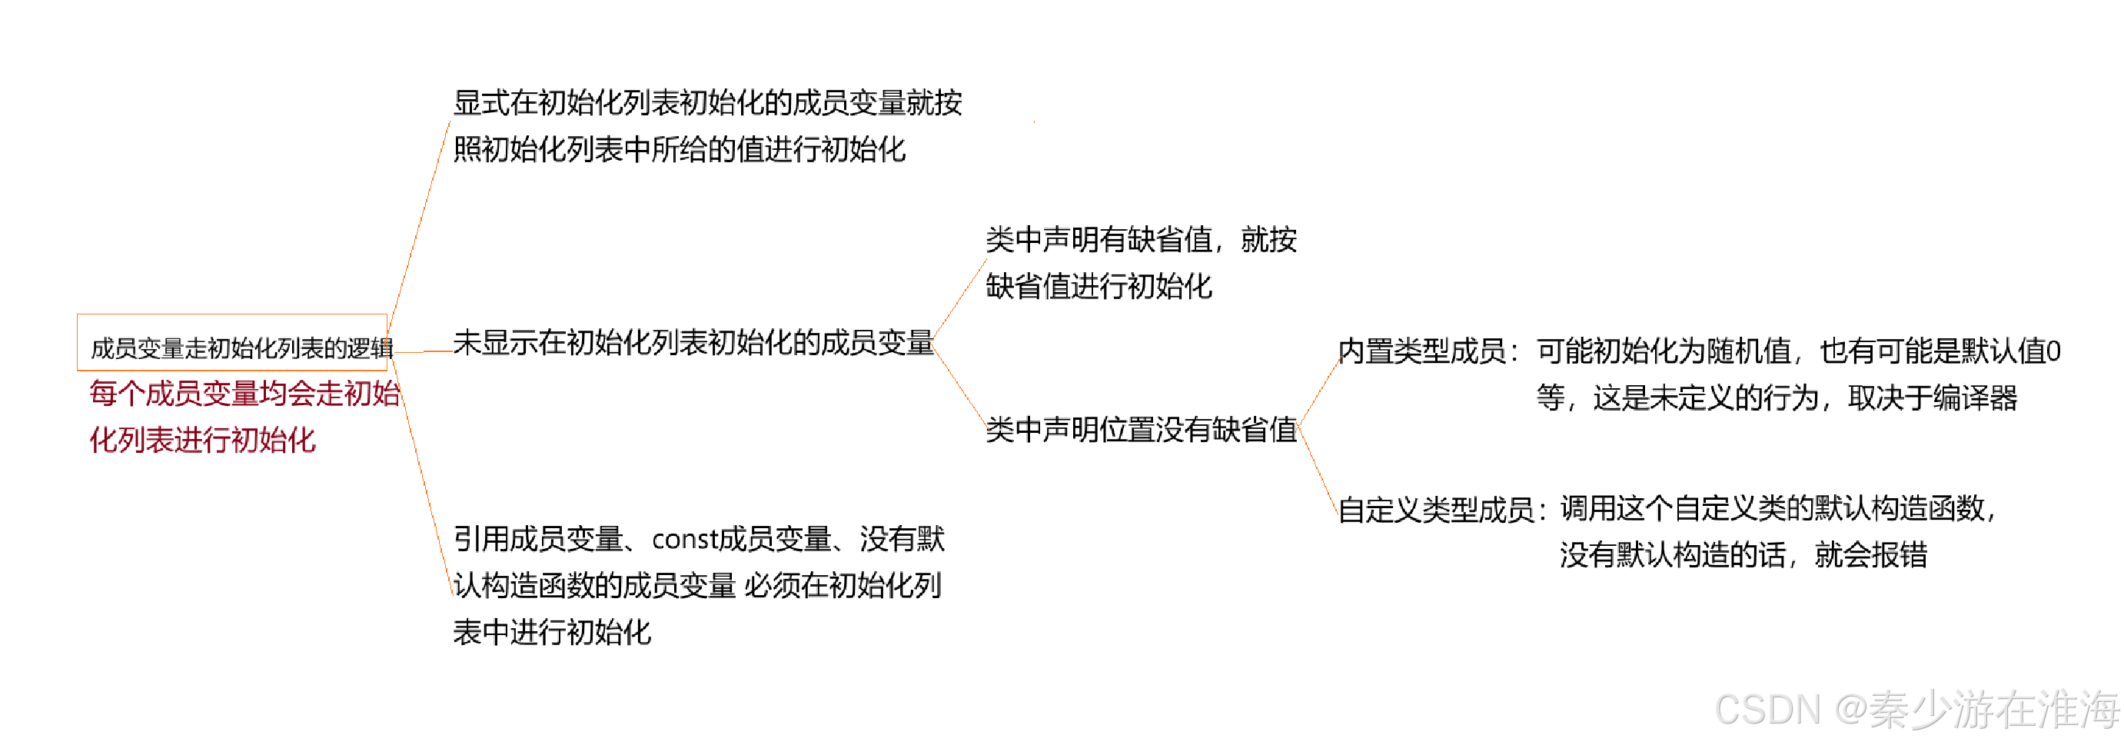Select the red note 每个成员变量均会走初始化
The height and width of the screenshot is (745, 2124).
[x=244, y=394]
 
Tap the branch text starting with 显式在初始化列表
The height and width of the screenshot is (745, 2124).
[x=706, y=103]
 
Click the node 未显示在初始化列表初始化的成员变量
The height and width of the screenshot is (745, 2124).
[x=693, y=342]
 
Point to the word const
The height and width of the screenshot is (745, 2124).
[x=683, y=540]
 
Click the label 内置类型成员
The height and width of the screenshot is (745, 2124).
[x=1422, y=351]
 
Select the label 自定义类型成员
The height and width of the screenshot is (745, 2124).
[x=1435, y=510]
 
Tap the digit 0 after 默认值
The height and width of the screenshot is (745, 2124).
[x=2053, y=351]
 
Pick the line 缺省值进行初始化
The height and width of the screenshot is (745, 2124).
[x=1099, y=286]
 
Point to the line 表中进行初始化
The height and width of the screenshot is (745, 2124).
[x=552, y=632]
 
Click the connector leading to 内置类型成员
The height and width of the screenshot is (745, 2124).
[x=1318, y=392]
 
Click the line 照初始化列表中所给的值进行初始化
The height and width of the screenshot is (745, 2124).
[x=680, y=150]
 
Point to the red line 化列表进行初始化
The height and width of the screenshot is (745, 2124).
[x=203, y=440]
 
